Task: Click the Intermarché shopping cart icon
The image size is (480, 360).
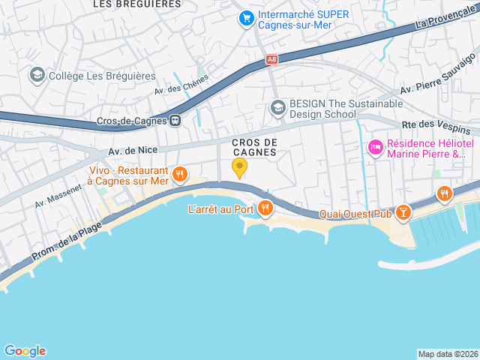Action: pyautogui.click(x=245, y=17)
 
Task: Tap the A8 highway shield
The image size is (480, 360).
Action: pyautogui.click(x=271, y=59)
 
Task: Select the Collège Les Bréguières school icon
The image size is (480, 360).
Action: pyautogui.click(x=36, y=75)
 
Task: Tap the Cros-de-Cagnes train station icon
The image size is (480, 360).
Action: pyautogui.click(x=175, y=120)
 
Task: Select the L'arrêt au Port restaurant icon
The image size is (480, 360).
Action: pyautogui.click(x=265, y=208)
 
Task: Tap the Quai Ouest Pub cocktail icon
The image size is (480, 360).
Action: pyautogui.click(x=404, y=214)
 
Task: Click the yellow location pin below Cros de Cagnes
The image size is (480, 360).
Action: pyautogui.click(x=239, y=168)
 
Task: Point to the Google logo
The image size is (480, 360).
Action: pyautogui.click(x=25, y=350)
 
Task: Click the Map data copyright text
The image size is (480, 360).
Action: pyautogui.click(x=447, y=354)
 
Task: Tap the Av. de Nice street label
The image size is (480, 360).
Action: pyautogui.click(x=133, y=151)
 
